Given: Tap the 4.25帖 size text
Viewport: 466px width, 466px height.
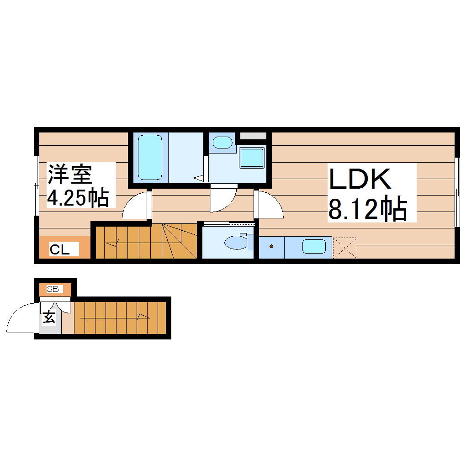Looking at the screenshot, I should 78,197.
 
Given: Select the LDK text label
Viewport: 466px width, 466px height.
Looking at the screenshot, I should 360,179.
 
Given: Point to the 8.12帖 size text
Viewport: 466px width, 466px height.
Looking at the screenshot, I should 367,209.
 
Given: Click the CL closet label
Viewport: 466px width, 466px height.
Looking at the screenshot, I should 59,249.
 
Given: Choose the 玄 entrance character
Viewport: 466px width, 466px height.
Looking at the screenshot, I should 49,317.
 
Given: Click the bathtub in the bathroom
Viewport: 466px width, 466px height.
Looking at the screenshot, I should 149,157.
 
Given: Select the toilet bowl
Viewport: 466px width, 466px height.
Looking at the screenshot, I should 235,242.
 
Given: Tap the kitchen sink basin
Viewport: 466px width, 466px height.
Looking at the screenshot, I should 313,247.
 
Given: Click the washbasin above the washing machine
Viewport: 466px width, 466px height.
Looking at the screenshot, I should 222,142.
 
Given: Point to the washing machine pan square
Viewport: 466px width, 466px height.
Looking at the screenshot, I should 252,157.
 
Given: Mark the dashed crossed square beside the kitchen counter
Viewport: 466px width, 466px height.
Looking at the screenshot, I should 344,248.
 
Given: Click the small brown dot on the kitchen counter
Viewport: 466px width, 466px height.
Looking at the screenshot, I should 271,247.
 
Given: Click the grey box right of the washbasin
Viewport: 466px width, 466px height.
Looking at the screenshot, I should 253,136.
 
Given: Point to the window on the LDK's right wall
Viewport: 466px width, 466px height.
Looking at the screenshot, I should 457,192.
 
